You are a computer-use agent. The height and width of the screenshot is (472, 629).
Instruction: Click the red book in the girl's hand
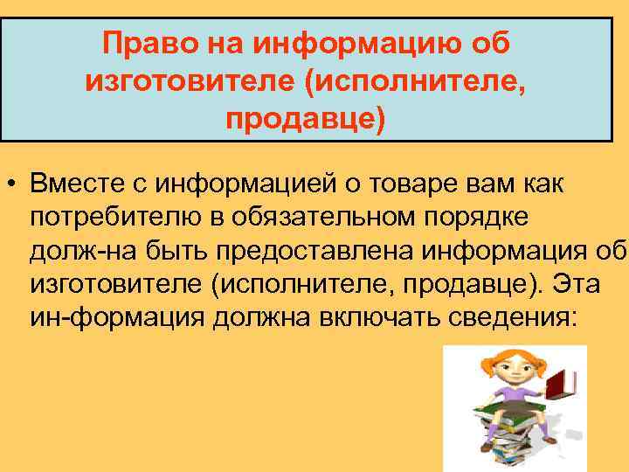(558, 383)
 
